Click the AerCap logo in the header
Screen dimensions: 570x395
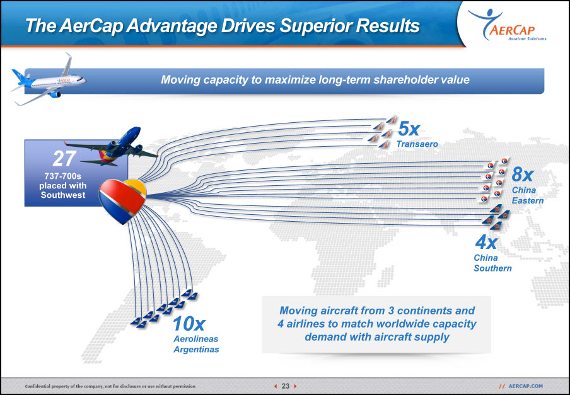pyautogui.click(x=508, y=25)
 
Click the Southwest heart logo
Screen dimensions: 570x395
pyautogui.click(x=122, y=201)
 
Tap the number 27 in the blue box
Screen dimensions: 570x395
pyautogui.click(x=64, y=159)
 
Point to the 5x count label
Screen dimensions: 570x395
pyautogui.click(x=409, y=129)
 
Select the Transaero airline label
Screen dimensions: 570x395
pyautogui.click(x=417, y=144)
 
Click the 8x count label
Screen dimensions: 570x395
pyautogui.click(x=522, y=175)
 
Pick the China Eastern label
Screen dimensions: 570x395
pyautogui.click(x=528, y=195)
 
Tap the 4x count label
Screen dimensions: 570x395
pyautogui.click(x=486, y=243)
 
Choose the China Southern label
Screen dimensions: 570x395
pyautogui.click(x=492, y=263)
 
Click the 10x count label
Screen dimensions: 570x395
pyautogui.click(x=189, y=324)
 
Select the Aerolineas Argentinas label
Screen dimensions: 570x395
pyautogui.click(x=196, y=344)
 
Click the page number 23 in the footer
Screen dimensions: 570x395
pyautogui.click(x=286, y=386)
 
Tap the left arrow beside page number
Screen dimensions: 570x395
pyautogui.click(x=276, y=386)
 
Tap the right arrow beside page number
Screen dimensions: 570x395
pyautogui.click(x=295, y=386)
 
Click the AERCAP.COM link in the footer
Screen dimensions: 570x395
pyautogui.click(x=525, y=386)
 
